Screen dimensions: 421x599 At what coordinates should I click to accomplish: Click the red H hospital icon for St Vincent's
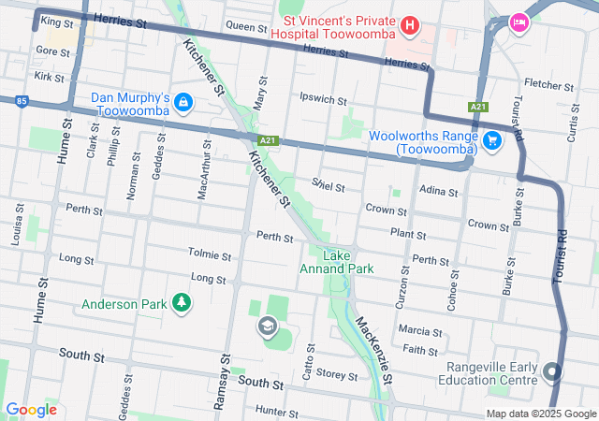409,22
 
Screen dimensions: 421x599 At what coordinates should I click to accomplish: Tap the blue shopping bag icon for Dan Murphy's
183,101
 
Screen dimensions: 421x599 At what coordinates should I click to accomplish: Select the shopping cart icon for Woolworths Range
491,140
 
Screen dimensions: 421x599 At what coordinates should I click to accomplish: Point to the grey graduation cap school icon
267,326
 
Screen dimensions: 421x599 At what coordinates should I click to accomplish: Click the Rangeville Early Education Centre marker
552,372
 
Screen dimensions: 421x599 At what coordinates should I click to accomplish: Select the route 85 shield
21,100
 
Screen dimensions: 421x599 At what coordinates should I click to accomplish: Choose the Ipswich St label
323,98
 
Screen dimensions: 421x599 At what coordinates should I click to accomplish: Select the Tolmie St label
210,254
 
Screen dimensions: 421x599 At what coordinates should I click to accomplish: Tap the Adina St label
439,192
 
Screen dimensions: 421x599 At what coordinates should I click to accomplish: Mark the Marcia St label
419,331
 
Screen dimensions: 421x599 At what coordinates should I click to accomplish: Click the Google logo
31,409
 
